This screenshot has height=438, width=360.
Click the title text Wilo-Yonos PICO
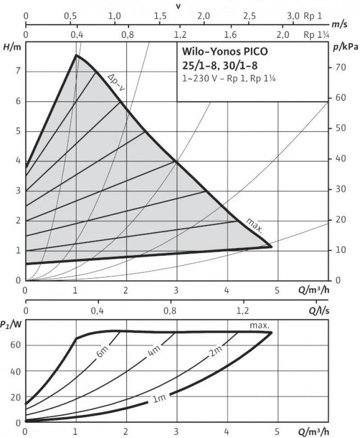(x=224, y=51)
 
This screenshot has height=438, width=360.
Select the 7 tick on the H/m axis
(x=18, y=71)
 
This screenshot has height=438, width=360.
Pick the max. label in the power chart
(x=260, y=325)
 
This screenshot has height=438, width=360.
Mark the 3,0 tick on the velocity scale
(x=293, y=16)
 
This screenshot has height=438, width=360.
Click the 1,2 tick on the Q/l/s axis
(x=243, y=310)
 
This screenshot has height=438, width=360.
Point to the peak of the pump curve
(x=76, y=55)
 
